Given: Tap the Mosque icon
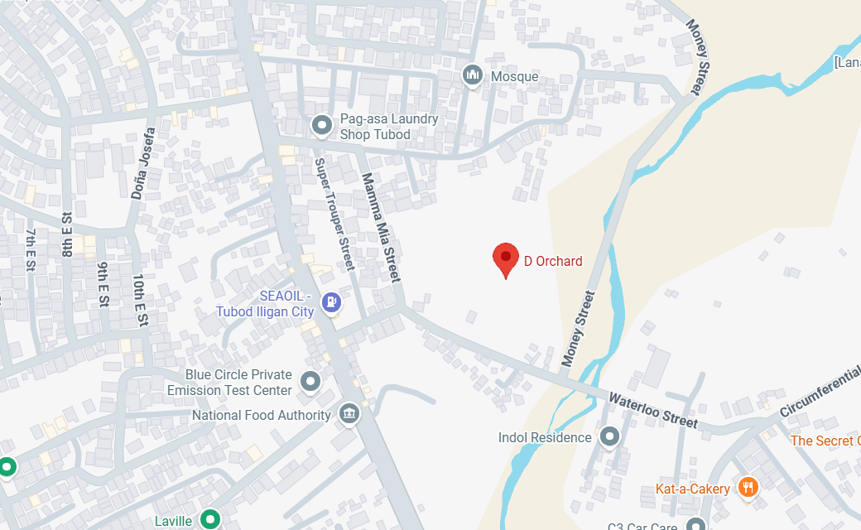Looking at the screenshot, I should [473, 76].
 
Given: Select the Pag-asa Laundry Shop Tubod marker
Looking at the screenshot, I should [321, 126].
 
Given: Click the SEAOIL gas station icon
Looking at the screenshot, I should [332, 303].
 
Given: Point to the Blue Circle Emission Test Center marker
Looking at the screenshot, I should [310, 382].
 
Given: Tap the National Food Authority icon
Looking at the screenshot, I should [349, 415].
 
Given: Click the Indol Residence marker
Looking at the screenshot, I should [610, 436].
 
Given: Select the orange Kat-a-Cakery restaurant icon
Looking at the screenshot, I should [747, 488].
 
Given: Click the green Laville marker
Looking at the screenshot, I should [211, 520].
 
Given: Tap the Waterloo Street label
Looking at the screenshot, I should [654, 410].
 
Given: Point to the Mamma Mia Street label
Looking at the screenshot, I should [380, 227].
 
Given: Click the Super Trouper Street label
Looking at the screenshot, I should [334, 214].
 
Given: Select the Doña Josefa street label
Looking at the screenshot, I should [143, 164].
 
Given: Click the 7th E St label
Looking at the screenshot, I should [31, 249].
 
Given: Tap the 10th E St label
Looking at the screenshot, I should [141, 300].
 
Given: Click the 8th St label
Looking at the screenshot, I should [67, 234].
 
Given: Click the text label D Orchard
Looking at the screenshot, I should [553, 261].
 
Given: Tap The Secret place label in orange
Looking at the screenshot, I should [825, 441].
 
